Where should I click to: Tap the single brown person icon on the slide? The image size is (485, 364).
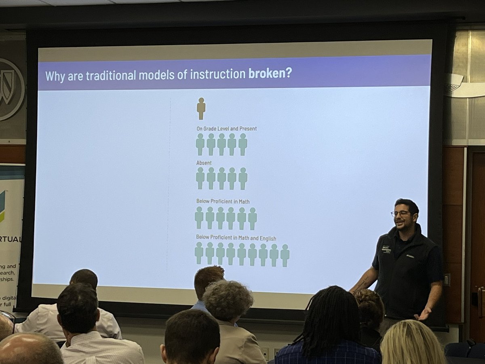coord(201,108)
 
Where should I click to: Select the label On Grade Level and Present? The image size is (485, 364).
coord(226,129)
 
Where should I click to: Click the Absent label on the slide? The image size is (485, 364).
coord(204,163)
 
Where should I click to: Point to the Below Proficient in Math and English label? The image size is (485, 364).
coord(236,238)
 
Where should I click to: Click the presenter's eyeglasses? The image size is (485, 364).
coord(400,214)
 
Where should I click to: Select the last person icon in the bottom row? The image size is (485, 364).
coord(285,255)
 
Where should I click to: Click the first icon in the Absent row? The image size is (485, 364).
coord(200,178)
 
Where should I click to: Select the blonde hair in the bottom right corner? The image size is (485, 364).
coord(412,344)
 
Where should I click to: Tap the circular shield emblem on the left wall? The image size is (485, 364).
coord(9,89)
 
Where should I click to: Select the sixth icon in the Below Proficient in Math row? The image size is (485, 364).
coord(252,218)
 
